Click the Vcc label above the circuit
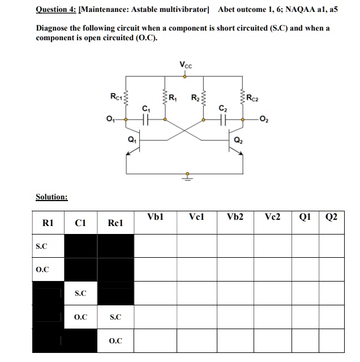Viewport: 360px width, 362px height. coord(186,65)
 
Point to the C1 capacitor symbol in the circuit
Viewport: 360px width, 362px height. coord(146,120)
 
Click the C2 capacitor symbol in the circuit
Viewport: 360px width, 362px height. coord(223,120)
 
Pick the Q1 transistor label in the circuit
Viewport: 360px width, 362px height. coord(132,138)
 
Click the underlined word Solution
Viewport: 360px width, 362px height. coord(52,197)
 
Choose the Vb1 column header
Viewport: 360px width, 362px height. coord(155,217)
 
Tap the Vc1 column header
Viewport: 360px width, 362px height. coord(196,217)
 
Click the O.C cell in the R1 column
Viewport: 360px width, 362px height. coord(42,270)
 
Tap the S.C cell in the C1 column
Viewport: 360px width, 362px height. coord(80,293)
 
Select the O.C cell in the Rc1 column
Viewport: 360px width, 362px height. coord(115,341)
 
